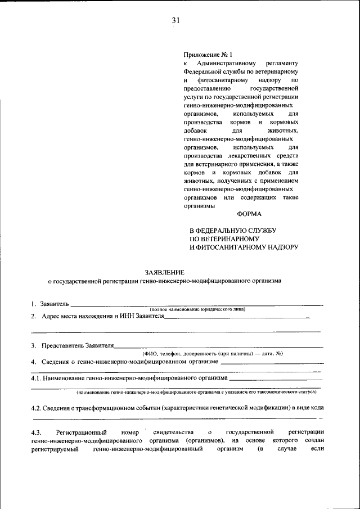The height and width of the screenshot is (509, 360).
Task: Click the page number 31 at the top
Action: pyautogui.click(x=175, y=21)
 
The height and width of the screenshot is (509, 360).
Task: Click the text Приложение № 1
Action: pyautogui.click(x=208, y=55)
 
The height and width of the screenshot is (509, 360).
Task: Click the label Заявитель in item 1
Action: pyautogui.click(x=53, y=304)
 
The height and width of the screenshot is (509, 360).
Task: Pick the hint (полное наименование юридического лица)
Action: pyautogui.click(x=197, y=310)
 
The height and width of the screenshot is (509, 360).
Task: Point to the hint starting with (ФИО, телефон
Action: pyautogui.click(x=211, y=353)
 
